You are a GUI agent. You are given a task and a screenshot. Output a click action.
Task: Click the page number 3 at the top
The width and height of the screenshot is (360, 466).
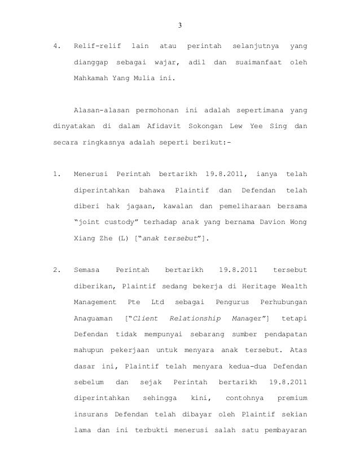pos(179,24)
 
